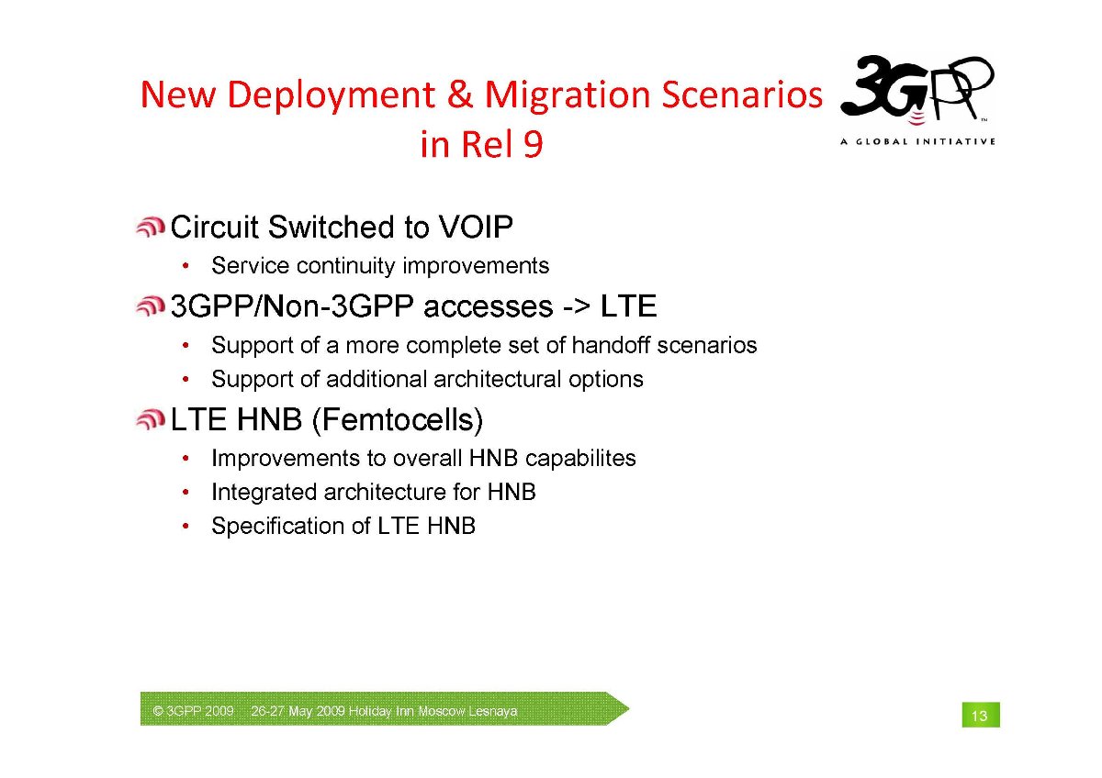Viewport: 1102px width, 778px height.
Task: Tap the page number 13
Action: point(980,716)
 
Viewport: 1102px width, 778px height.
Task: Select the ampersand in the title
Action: point(459,94)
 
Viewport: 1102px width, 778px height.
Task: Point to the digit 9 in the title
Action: point(533,144)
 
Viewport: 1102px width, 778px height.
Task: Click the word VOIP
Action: point(476,227)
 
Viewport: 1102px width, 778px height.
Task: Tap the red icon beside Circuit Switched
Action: point(151,228)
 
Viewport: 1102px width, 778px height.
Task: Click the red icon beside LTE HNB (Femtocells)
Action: point(151,420)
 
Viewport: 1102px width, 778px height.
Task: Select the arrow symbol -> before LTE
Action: point(576,307)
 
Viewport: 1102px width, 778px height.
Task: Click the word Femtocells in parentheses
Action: point(398,420)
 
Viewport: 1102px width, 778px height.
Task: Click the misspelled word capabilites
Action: point(580,459)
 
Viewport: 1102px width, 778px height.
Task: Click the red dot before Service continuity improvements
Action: point(186,266)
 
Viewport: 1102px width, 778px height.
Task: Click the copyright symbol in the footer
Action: point(158,711)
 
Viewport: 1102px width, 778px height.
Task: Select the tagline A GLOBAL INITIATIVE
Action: point(917,141)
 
